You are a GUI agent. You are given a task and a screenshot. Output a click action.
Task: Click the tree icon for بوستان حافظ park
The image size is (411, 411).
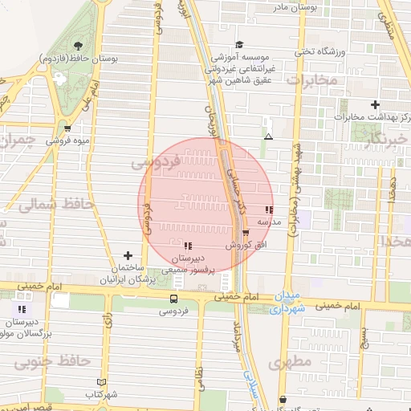click(78, 47)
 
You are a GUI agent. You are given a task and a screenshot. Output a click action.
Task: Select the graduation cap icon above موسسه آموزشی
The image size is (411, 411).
click(239, 45)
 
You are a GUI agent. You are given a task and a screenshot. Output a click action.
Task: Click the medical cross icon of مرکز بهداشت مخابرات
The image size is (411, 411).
click(375, 104)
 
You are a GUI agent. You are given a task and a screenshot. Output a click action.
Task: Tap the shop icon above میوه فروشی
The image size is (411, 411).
click(67, 128)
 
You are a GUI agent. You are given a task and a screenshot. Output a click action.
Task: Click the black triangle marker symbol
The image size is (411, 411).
click(268, 136)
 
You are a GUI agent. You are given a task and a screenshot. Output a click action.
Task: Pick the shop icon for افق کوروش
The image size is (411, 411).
click(245, 233)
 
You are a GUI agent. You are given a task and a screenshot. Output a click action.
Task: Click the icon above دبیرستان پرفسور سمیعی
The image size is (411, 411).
click(188, 246)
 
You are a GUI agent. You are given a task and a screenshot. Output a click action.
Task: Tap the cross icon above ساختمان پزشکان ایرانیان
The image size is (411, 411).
click(128, 254)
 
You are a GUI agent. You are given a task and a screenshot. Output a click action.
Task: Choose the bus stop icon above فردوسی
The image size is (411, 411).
click(173, 299)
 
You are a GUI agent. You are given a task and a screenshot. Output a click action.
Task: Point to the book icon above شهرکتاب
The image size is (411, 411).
click(100, 382)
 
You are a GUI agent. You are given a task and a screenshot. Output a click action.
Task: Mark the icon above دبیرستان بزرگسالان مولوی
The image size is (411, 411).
click(22, 308)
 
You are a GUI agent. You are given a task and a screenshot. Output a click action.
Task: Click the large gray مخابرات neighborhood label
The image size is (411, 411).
click(309, 81)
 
